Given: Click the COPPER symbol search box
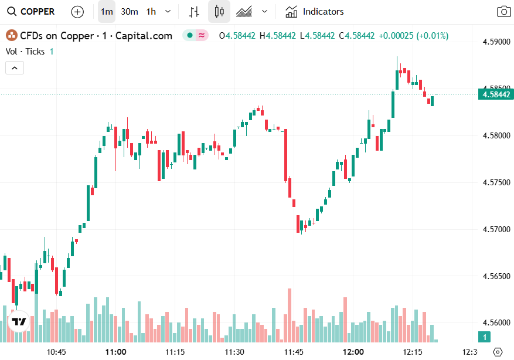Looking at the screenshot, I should (x=32, y=12).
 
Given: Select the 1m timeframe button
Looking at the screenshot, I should (x=106, y=12).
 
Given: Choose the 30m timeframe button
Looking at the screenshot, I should (x=130, y=12).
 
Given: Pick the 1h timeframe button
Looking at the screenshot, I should (x=151, y=12).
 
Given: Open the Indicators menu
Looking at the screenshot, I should (x=315, y=12).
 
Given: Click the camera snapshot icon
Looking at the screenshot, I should (x=503, y=12).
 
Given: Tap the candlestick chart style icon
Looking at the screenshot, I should (x=219, y=12).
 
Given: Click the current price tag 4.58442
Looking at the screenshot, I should (x=496, y=94).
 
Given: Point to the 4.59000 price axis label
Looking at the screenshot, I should (x=496, y=42).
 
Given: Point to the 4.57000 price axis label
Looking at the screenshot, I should (x=496, y=229).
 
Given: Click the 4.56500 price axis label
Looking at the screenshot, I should (x=496, y=276).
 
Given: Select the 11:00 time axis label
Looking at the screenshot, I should (x=116, y=352).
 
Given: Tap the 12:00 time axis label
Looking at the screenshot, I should (x=353, y=352).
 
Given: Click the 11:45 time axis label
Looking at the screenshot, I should (x=294, y=352).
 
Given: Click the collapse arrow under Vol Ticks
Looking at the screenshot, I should (x=15, y=68).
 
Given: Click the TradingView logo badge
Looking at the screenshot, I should (x=19, y=321).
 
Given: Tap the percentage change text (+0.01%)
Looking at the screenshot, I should (x=432, y=36).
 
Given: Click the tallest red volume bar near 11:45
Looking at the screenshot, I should (x=290, y=315).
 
